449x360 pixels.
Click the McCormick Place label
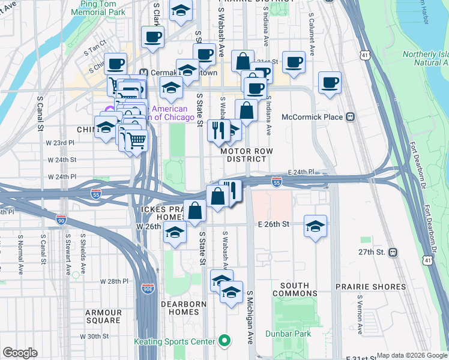coord(312,117)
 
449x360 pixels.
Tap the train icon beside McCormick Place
coord(349,117)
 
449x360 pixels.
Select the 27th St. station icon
coord(393,252)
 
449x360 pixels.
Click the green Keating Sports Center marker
coord(224,341)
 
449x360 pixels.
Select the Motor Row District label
coord(243,155)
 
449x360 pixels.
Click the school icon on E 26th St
coord(315,227)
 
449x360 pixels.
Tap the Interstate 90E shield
coord(147,289)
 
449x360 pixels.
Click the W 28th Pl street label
coord(115,281)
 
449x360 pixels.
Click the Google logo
coord(20,353)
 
